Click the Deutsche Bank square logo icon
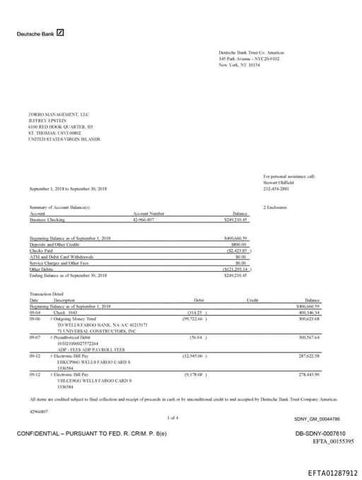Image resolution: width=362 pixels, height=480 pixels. pos(61,33)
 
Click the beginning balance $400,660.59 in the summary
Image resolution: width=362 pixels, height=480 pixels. pos(235,238)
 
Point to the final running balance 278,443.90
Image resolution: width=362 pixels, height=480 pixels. pos(309,374)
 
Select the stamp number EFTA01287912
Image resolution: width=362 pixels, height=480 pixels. pos(332,473)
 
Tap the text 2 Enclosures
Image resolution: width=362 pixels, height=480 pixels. pos(274,207)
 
